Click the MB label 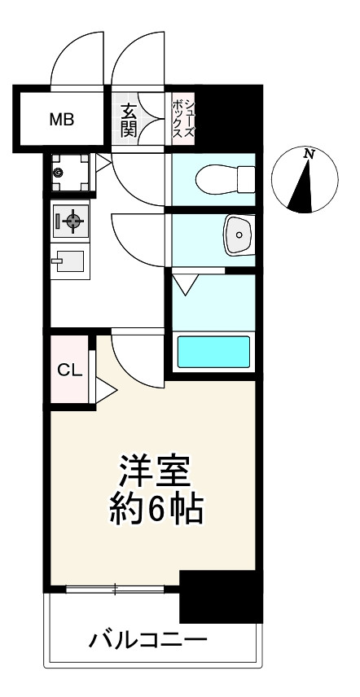click(x=62, y=120)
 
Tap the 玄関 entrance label click(x=129, y=119)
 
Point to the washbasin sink click(x=238, y=235)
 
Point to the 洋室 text click(x=155, y=471)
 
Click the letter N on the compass click(x=309, y=153)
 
